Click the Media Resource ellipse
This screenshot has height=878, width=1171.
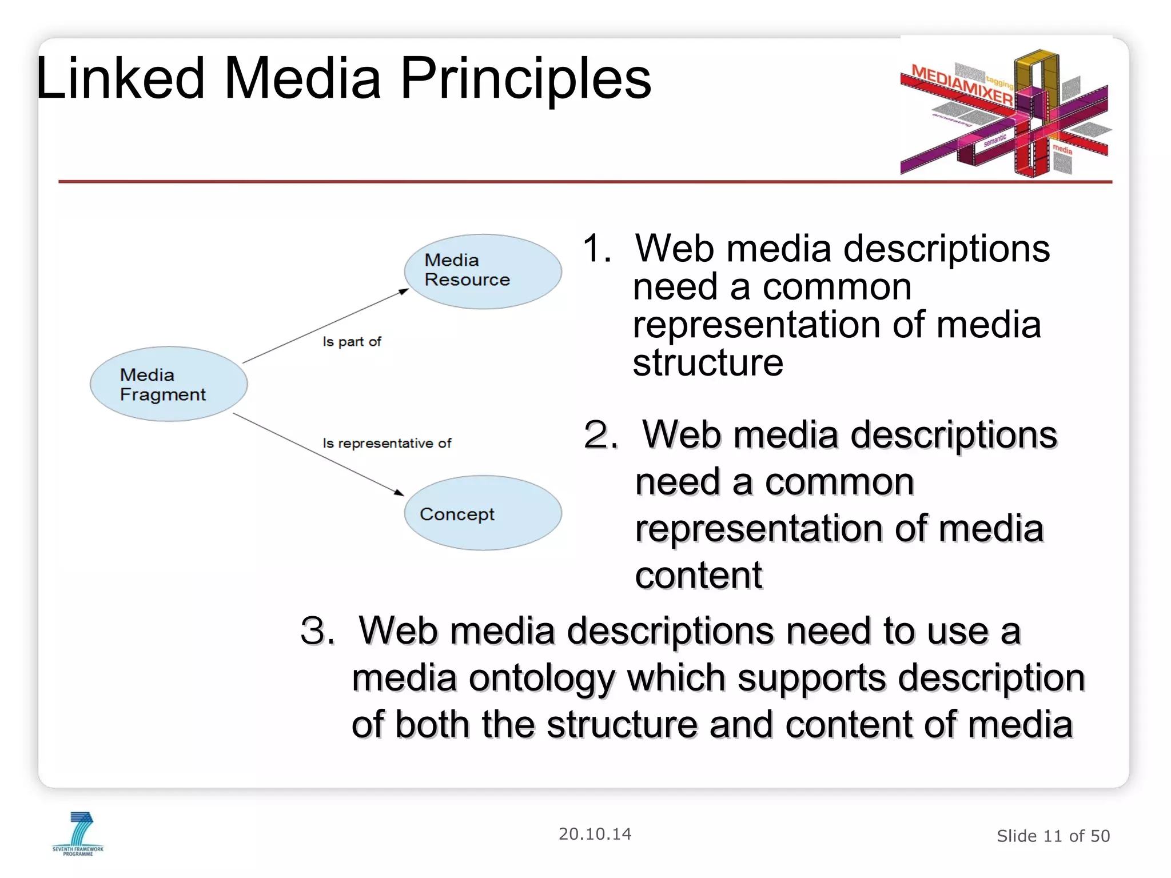[x=483, y=272]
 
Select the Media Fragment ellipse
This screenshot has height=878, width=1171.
[x=169, y=384]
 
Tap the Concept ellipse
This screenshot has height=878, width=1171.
[x=483, y=513]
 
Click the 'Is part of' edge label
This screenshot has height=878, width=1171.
[x=352, y=342]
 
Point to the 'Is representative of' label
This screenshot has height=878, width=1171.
[x=387, y=444]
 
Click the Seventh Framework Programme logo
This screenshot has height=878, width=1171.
[x=78, y=834]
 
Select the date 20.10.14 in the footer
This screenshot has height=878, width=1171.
[x=595, y=834]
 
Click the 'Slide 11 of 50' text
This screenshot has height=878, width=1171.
[x=1053, y=836]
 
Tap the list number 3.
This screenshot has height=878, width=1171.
[x=317, y=632]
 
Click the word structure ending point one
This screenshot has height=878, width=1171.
[x=708, y=363]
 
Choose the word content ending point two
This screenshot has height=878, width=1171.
[x=698, y=576]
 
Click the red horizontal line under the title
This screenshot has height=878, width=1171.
[x=585, y=182]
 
